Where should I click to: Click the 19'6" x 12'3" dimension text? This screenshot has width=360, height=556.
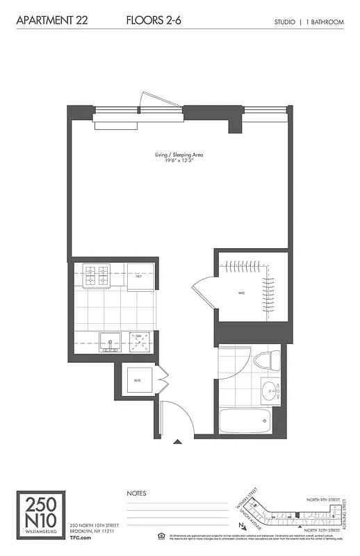point(179,161)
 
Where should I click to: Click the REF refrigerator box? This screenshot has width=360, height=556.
point(139,276)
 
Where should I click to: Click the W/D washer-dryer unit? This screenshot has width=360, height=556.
point(137,380)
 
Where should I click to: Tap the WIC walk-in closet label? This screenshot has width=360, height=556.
point(240,293)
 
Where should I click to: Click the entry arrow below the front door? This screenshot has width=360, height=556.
point(178,441)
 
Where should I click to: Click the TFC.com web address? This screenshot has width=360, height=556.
point(82,539)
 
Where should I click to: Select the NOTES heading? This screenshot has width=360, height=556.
point(136,493)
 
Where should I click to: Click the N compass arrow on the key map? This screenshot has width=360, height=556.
point(240,526)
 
